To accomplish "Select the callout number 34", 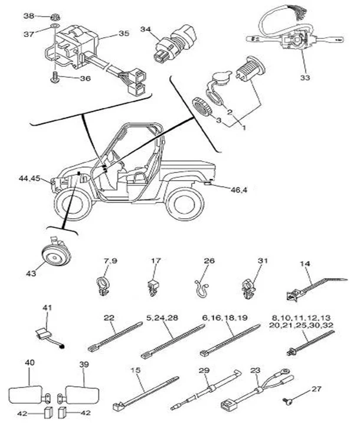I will click(x=146, y=28).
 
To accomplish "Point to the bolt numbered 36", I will click(x=55, y=77).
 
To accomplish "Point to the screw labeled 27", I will click(x=288, y=402).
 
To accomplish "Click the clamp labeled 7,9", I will click(x=104, y=283).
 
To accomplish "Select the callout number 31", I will click(x=263, y=260).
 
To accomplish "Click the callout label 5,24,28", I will click(x=162, y=318).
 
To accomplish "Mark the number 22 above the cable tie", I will click(x=109, y=318).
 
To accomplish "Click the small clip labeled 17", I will click(x=153, y=285).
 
